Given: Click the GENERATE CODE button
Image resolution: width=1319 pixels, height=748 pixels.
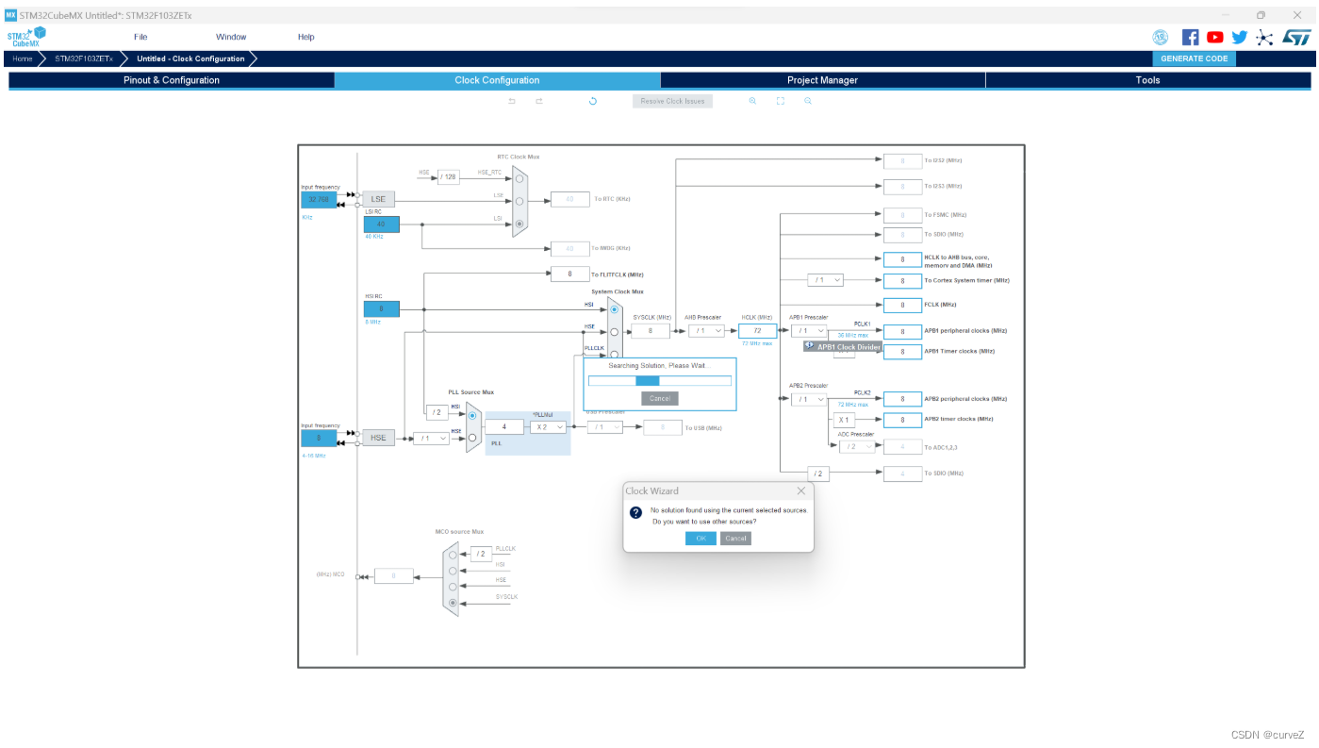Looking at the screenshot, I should click(1194, 58).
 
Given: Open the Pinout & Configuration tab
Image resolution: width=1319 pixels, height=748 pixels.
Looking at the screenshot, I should click(171, 80).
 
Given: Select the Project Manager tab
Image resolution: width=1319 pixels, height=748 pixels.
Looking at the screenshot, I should click(822, 80).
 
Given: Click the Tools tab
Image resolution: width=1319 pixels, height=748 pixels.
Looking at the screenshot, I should click(1147, 80).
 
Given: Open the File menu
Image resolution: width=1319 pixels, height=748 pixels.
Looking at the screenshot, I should click(140, 37).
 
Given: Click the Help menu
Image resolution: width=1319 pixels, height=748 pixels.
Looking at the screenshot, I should click(305, 37).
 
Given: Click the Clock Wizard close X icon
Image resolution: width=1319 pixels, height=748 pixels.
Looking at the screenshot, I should click(801, 490).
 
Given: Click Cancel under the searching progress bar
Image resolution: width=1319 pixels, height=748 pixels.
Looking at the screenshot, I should click(659, 398).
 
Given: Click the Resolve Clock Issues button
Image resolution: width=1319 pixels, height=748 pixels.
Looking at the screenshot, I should click(672, 101).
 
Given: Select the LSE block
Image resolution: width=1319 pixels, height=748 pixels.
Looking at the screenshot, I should click(378, 199).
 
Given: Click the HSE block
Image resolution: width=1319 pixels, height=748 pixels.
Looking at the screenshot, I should click(378, 438).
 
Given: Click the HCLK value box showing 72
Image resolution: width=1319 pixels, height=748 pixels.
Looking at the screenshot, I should click(757, 331).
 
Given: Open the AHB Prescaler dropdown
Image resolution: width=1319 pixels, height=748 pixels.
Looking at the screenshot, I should click(706, 331).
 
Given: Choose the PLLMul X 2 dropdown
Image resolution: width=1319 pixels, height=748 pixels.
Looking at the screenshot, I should click(548, 426).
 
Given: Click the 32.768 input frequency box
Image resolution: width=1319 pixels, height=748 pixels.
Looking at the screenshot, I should click(319, 199).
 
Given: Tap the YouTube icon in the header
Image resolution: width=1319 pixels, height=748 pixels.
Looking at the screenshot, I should click(1214, 37).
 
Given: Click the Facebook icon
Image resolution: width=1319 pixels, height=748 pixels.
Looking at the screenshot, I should click(1190, 37).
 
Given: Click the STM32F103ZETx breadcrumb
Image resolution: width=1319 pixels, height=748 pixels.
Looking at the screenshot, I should click(83, 58).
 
